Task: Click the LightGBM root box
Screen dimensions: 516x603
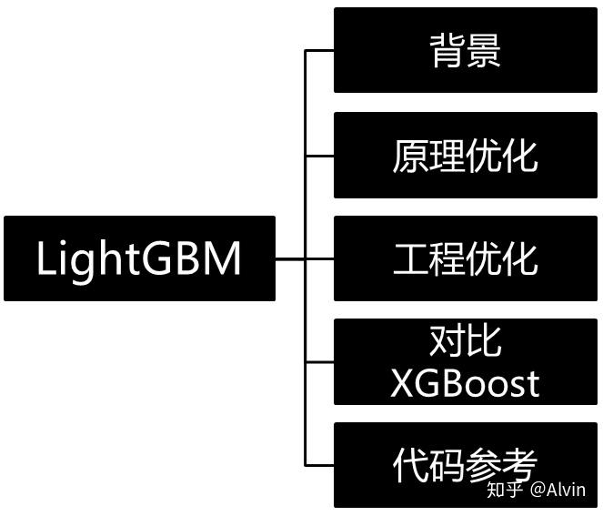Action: (x=139, y=258)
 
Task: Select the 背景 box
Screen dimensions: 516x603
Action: (x=465, y=50)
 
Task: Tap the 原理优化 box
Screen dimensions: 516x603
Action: (x=465, y=155)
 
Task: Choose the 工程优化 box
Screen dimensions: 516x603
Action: (x=465, y=258)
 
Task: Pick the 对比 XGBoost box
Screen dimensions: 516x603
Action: (x=465, y=362)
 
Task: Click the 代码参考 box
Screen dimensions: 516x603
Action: (x=465, y=465)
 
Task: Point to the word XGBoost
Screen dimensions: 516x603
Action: (x=465, y=383)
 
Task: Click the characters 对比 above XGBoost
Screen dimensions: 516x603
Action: (x=465, y=341)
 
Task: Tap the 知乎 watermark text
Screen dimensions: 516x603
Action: (x=506, y=490)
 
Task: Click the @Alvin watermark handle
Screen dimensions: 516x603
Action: (x=558, y=490)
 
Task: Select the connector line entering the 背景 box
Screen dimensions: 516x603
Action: (x=319, y=51)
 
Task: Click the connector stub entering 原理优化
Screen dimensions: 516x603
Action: (x=319, y=156)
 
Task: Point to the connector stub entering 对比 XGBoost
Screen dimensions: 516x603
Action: (x=319, y=362)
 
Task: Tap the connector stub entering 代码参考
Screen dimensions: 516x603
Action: (x=319, y=465)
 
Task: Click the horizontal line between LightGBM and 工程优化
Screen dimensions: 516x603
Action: (x=304, y=259)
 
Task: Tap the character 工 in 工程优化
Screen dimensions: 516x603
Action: (x=410, y=259)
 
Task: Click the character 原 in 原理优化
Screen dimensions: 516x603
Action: (x=410, y=156)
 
